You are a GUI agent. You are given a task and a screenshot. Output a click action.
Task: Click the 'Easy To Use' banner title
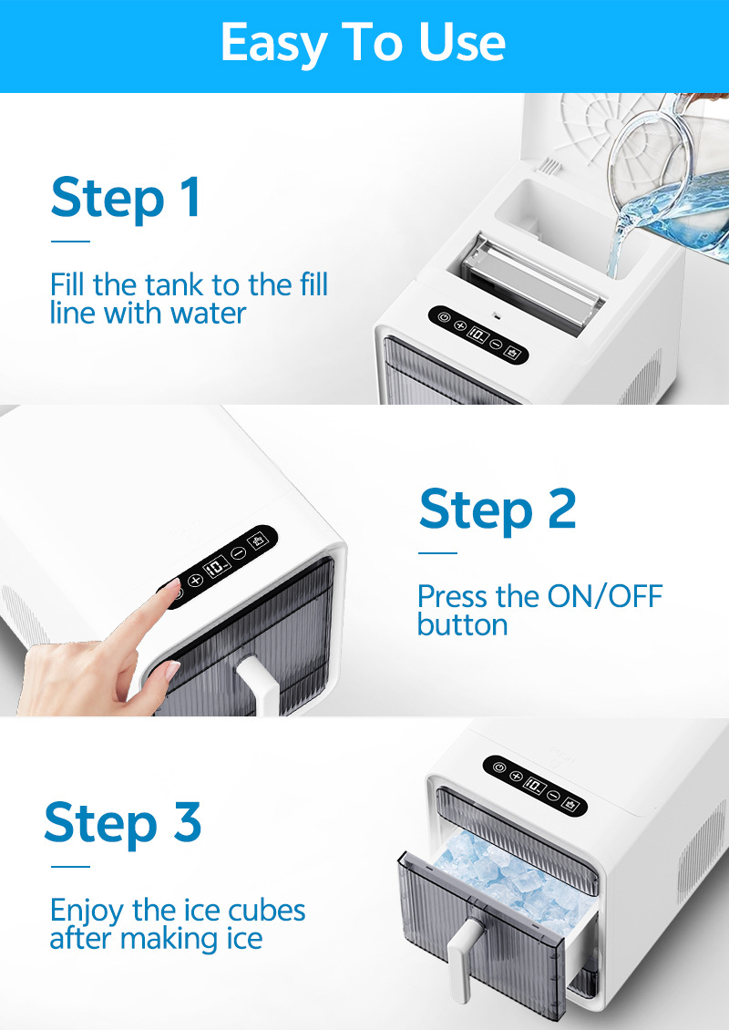364,43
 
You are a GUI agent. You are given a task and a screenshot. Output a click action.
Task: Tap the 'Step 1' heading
126,197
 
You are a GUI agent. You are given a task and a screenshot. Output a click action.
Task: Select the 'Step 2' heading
498,510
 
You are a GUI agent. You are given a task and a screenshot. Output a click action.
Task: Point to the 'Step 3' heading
123,822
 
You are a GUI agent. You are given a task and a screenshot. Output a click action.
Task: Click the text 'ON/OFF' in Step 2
605,596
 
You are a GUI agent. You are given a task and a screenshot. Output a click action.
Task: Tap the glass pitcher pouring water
670,184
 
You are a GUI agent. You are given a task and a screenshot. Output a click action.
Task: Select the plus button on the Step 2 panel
195,580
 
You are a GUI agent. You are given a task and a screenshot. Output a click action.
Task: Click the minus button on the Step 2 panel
239,552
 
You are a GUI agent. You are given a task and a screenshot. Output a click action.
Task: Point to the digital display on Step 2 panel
217,566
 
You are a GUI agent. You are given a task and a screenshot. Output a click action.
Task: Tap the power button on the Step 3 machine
499,767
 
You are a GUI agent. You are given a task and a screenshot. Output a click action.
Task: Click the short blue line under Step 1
70,241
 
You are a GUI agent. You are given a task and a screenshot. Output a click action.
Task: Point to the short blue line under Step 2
438,553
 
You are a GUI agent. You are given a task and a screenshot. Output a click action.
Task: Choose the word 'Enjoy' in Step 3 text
87,912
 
